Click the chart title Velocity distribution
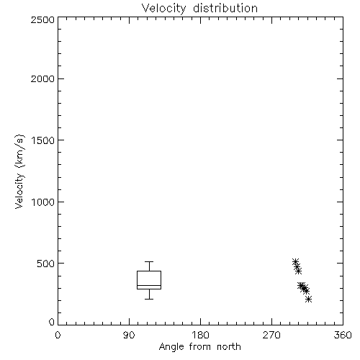point(199,8)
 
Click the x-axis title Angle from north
point(199,346)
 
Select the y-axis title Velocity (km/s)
point(20,171)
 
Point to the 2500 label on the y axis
point(42,19)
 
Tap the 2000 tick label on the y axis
point(42,78)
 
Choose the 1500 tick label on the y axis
point(43,140)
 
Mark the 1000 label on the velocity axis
point(43,202)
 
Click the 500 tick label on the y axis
point(45,264)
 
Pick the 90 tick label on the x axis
point(129,335)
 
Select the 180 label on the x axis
point(200,335)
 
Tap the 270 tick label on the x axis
point(271,335)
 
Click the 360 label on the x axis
point(343,335)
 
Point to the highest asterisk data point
point(295,262)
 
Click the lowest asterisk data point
point(309,300)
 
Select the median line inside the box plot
point(149,285)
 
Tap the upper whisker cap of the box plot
point(149,261)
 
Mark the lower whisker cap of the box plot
point(149,299)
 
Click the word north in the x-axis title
point(229,346)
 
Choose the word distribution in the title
point(225,8)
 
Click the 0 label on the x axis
point(58,335)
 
